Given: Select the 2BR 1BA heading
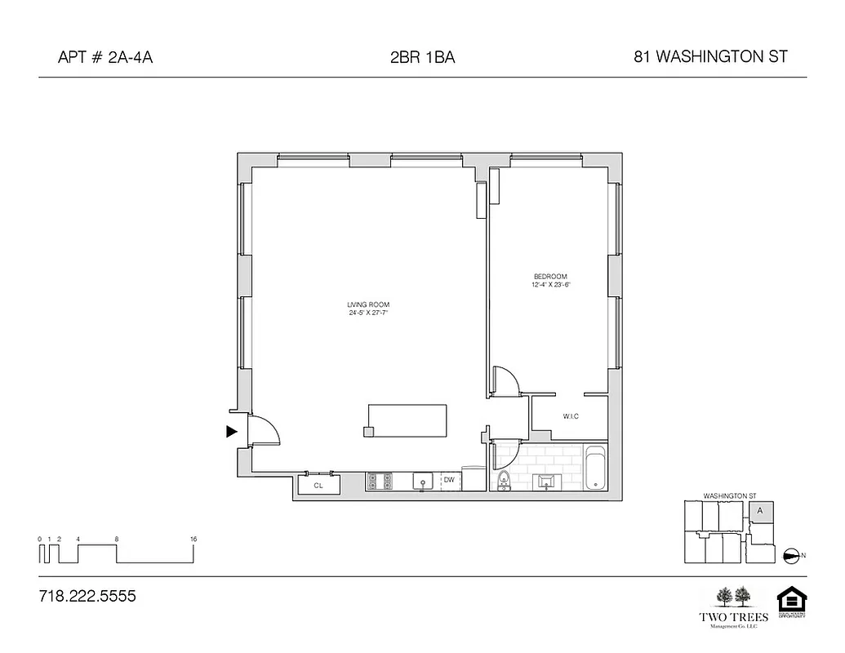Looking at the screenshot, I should click(422, 57).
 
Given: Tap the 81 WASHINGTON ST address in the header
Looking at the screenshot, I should click(709, 57).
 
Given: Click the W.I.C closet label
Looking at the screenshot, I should click(571, 416).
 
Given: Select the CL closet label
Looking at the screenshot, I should click(318, 485).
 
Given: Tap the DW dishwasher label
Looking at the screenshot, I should click(449, 480).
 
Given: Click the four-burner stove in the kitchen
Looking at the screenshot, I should click(380, 482).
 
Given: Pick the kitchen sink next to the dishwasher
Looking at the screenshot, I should click(423, 482).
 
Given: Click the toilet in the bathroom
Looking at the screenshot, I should click(503, 482).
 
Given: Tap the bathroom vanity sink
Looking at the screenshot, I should click(545, 482).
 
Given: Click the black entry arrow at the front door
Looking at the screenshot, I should click(232, 431).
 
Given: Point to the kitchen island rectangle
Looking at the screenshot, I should click(407, 420).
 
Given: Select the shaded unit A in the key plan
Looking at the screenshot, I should click(759, 511).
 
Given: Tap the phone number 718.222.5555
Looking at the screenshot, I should click(87, 596).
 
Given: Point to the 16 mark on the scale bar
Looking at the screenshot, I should click(193, 540).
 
